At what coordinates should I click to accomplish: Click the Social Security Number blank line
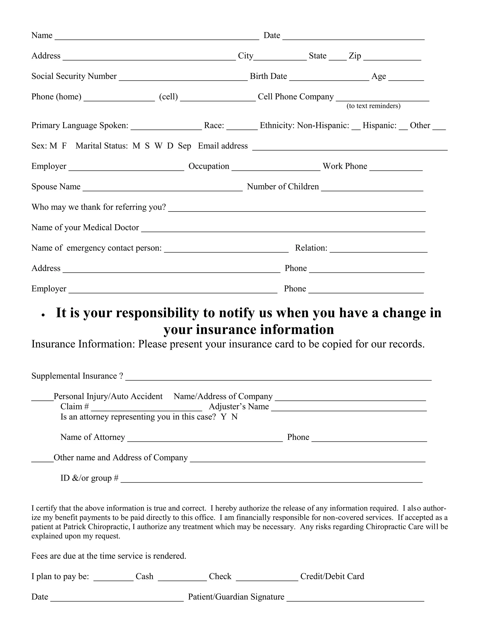pos(183,77)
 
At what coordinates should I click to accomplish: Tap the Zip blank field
pos(392,57)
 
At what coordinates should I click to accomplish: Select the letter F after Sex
pos(64,146)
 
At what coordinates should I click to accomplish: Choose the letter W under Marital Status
pos(158,146)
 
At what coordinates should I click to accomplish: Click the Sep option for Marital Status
pos(184,146)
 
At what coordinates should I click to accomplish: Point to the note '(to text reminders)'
pos(373,106)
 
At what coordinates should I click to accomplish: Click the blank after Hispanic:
pos(403,126)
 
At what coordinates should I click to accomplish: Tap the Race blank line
pos(242,126)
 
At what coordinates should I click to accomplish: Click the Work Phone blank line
pos(396,167)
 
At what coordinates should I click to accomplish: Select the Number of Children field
pos(372,188)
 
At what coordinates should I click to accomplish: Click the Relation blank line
pos(378,249)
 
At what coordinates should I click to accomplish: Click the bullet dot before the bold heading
pos(43,315)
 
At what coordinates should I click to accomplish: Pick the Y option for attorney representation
pos(224,417)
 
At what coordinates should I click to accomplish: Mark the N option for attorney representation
pos(234,417)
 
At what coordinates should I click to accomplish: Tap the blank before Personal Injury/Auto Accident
pos(42,397)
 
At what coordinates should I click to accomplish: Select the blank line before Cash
pos(113,577)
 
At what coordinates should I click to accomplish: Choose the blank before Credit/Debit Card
pos(267,577)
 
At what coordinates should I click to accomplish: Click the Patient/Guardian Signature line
pos(355,598)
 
